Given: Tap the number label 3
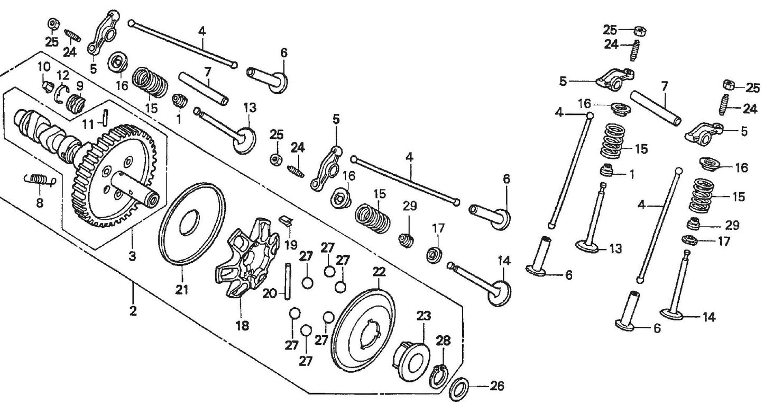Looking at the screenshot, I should tap(132, 257).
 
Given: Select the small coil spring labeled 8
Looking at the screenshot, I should tap(40, 181).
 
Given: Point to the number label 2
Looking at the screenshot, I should tap(133, 310).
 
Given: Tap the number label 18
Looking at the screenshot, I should tap(243, 325).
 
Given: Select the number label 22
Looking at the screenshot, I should tap(379, 272).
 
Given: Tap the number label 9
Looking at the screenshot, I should tap(79, 86).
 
